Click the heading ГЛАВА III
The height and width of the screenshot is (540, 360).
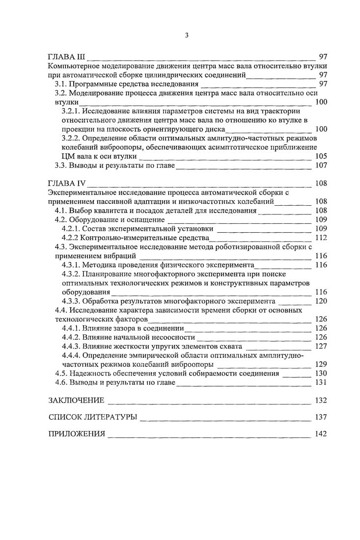tap(66, 56)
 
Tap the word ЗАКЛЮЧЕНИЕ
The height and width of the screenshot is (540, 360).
tap(76, 400)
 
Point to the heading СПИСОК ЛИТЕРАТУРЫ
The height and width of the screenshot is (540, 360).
tap(92, 417)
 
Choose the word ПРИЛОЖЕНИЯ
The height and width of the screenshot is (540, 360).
tap(77, 434)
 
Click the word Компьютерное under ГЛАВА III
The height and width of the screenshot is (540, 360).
tap(74, 66)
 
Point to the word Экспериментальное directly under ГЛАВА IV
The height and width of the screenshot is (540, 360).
tap(82, 192)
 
